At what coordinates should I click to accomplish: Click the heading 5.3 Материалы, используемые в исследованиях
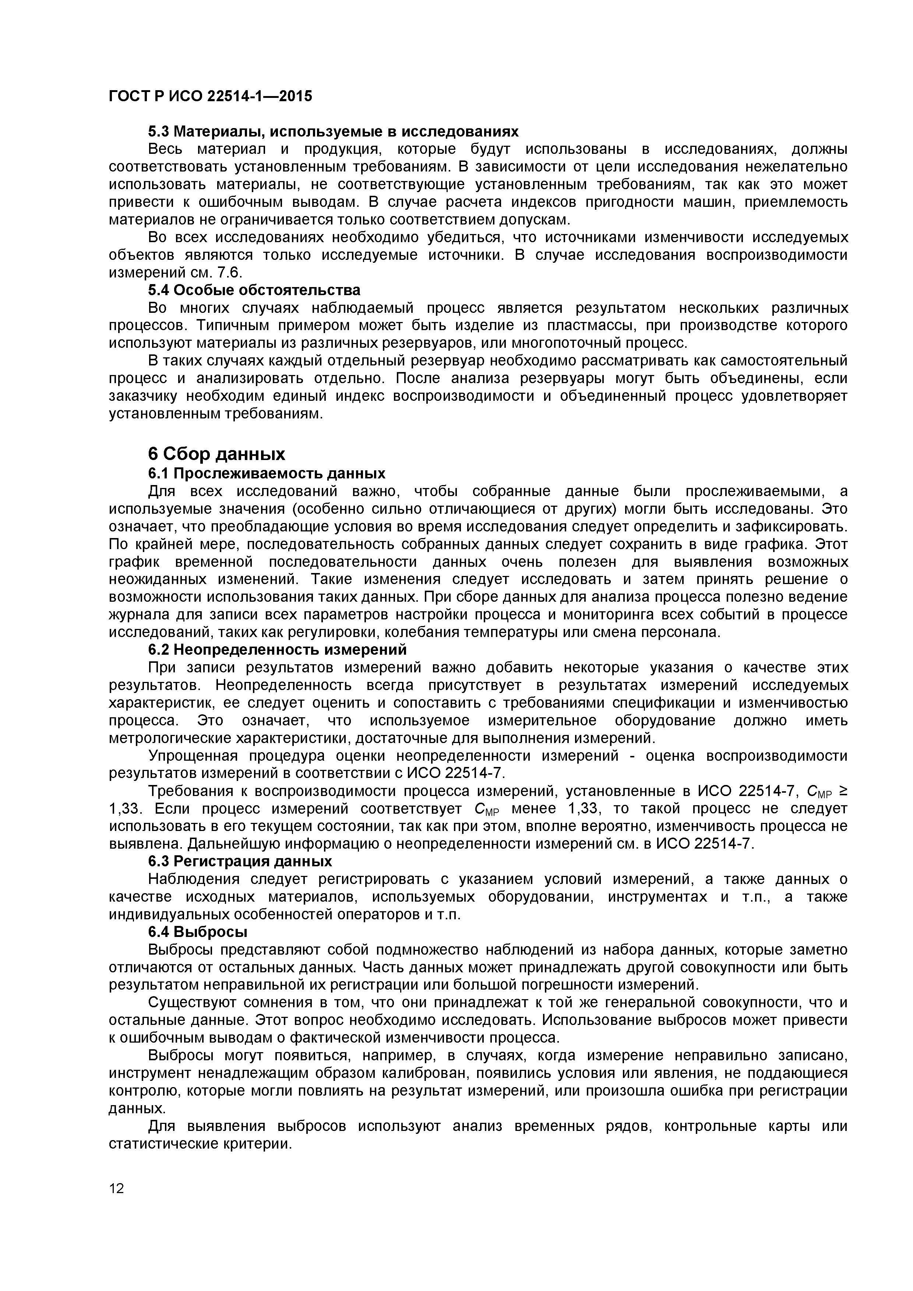(333, 132)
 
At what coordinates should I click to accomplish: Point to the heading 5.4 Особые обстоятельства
(254, 290)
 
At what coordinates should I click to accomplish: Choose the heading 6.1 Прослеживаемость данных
(267, 473)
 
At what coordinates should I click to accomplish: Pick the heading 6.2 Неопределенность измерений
(277, 650)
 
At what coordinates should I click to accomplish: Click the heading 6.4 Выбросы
(197, 932)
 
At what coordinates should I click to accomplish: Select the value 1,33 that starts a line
(123, 809)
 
